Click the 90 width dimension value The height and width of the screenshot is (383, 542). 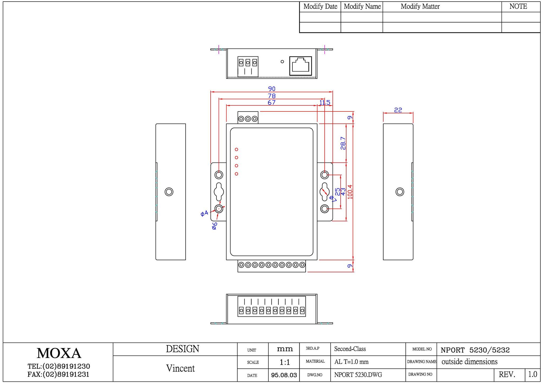pyautogui.click(x=272, y=89)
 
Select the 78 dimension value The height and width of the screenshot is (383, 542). pyautogui.click(x=272, y=96)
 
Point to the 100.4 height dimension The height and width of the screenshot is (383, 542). pyautogui.click(x=350, y=192)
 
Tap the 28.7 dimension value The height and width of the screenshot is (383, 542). pyautogui.click(x=343, y=143)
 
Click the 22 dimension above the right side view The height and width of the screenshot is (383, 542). pyautogui.click(x=398, y=110)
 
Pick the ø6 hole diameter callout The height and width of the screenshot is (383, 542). pyautogui.click(x=215, y=226)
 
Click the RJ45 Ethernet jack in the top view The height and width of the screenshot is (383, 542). pyautogui.click(x=301, y=66)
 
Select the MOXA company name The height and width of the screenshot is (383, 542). pyautogui.click(x=59, y=353)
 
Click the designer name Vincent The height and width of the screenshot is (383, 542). pyautogui.click(x=180, y=368)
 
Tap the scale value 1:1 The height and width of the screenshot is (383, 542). pyautogui.click(x=285, y=362)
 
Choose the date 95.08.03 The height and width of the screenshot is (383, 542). pyautogui.click(x=284, y=375)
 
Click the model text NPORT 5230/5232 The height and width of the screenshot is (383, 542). pyautogui.click(x=475, y=350)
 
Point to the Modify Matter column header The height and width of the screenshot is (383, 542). pyautogui.click(x=420, y=6)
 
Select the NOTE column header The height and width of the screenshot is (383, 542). pyautogui.click(x=518, y=6)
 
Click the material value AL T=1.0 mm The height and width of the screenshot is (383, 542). pyautogui.click(x=351, y=362)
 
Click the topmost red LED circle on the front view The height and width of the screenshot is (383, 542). pyautogui.click(x=236, y=150)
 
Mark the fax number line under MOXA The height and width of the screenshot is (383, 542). pyautogui.click(x=58, y=374)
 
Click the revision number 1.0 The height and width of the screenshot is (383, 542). pyautogui.click(x=532, y=374)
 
